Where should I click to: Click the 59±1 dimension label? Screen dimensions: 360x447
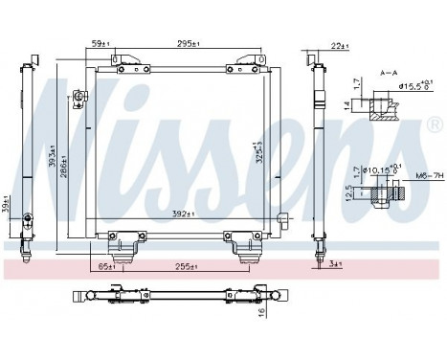pyautogui.click(x=98, y=42)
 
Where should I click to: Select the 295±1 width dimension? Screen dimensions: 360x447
pyautogui.click(x=186, y=42)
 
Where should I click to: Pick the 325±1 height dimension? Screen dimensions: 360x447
pyautogui.click(x=258, y=150)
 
